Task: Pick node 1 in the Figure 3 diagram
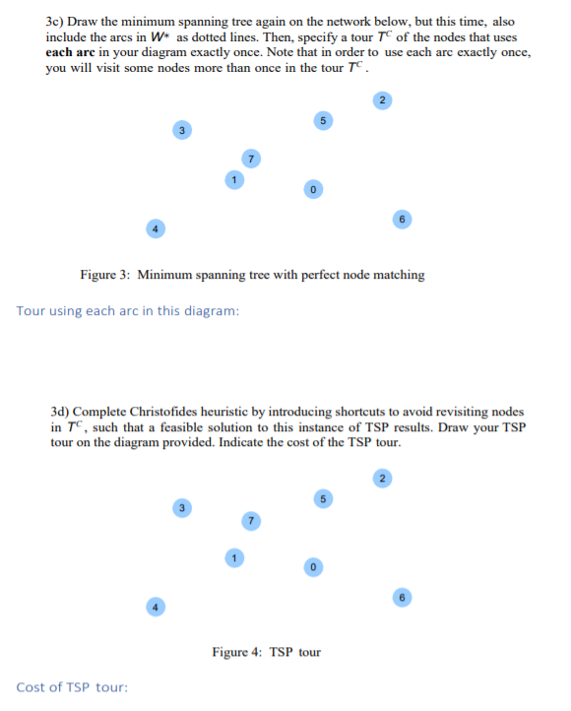click(x=232, y=179)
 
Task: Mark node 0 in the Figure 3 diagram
click(x=312, y=188)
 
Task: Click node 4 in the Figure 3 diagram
click(x=153, y=226)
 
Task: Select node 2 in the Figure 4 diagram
click(x=384, y=480)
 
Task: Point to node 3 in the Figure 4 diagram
click(x=180, y=508)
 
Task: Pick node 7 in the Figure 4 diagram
click(x=251, y=518)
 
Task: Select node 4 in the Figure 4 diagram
click(x=153, y=606)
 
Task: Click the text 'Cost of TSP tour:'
click(x=72, y=686)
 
